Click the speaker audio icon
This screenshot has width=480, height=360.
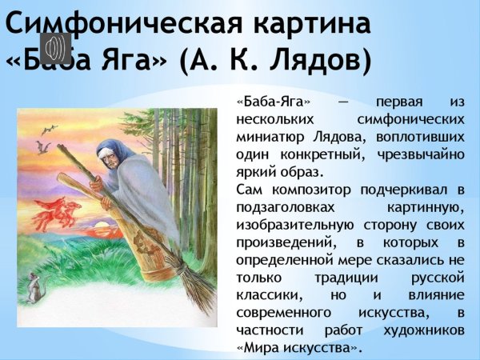tap(55, 49)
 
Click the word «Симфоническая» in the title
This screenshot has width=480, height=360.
tap(120, 23)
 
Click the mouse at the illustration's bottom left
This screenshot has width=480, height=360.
tap(34, 288)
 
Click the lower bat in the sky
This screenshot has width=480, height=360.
tap(42, 147)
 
